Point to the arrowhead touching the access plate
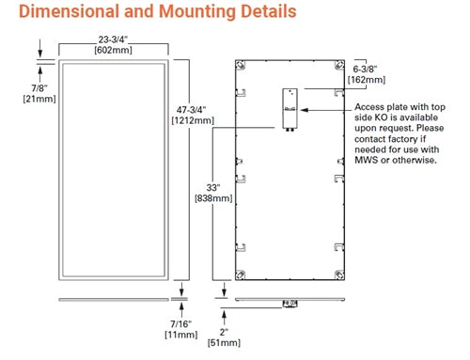pyautogui.click(x=304, y=109)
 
